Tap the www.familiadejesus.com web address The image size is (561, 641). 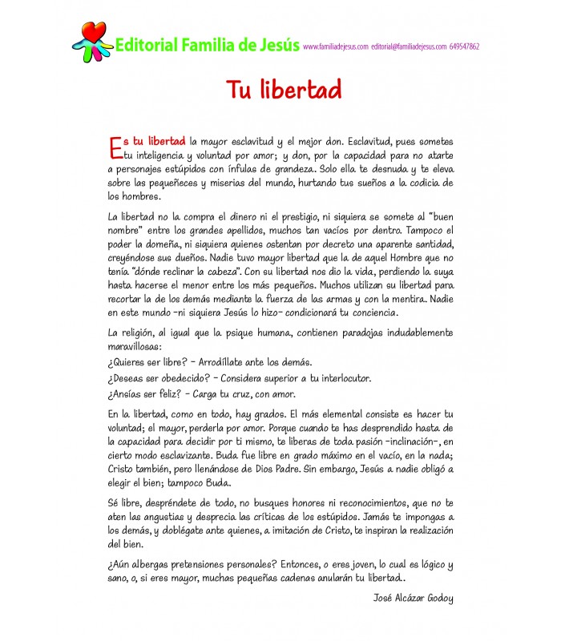[x=336, y=46]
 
